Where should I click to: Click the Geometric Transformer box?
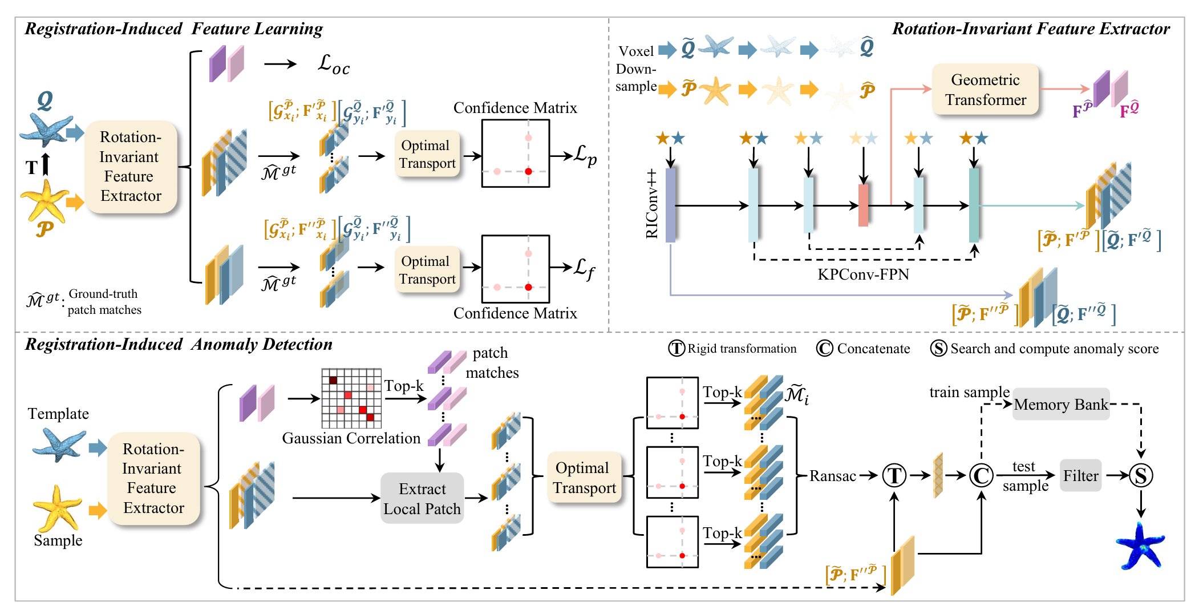985,90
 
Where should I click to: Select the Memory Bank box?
1060,405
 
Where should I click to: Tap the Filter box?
1080,475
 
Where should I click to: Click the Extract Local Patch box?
422,498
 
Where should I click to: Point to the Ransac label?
832,476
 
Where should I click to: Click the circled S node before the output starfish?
1141,475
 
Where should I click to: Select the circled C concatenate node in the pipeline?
981,475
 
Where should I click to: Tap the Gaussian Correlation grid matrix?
351,398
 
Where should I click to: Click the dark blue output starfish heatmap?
1140,547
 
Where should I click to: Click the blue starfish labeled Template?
59,445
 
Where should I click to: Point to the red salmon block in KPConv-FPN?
863,205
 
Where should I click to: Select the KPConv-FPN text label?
863,274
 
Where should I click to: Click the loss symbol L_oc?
333,64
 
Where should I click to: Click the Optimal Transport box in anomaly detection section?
584,478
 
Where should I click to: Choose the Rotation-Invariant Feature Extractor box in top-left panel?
131,167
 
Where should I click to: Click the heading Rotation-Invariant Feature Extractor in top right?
1031,29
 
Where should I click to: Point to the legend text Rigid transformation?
742,349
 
